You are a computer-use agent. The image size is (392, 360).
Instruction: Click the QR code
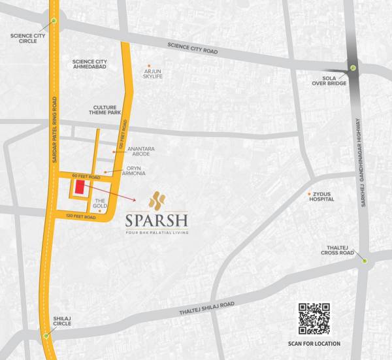point(314,318)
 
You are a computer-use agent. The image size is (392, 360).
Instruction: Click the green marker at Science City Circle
point(54,21)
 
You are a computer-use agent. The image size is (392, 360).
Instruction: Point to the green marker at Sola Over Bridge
point(353,68)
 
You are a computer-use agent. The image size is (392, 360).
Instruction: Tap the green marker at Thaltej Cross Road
point(365,261)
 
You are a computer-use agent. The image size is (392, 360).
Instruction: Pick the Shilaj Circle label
point(63,321)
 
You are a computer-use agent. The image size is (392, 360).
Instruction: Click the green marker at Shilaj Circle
point(46,336)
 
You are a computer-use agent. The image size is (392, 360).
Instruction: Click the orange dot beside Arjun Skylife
point(149,66)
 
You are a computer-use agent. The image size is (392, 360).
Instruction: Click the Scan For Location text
point(314,344)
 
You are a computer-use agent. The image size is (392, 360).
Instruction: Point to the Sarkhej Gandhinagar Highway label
point(360,163)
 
